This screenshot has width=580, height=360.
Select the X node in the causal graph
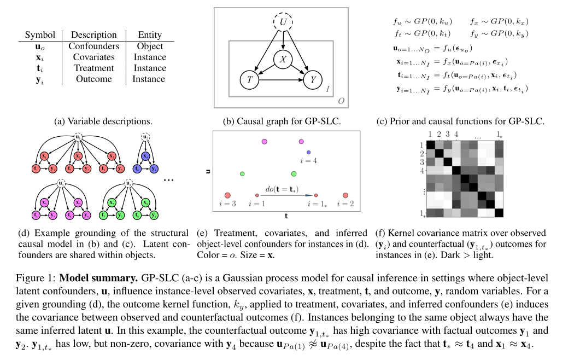click(283, 59)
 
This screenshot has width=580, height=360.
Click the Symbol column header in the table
click(40, 35)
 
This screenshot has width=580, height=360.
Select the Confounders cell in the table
click(94, 47)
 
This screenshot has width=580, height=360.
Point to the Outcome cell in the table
click(94, 79)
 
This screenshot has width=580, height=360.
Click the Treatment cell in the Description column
click(94, 68)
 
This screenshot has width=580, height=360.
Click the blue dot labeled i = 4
click(308, 152)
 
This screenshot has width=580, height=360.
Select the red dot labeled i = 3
click(227, 195)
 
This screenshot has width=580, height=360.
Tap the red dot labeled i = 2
click(345, 195)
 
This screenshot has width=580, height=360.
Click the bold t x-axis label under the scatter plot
click(286, 216)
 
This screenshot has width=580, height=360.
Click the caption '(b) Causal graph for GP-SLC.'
click(282, 120)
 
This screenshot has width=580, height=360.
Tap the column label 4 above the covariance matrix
click(456, 133)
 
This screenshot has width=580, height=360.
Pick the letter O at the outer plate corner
click(341, 101)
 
